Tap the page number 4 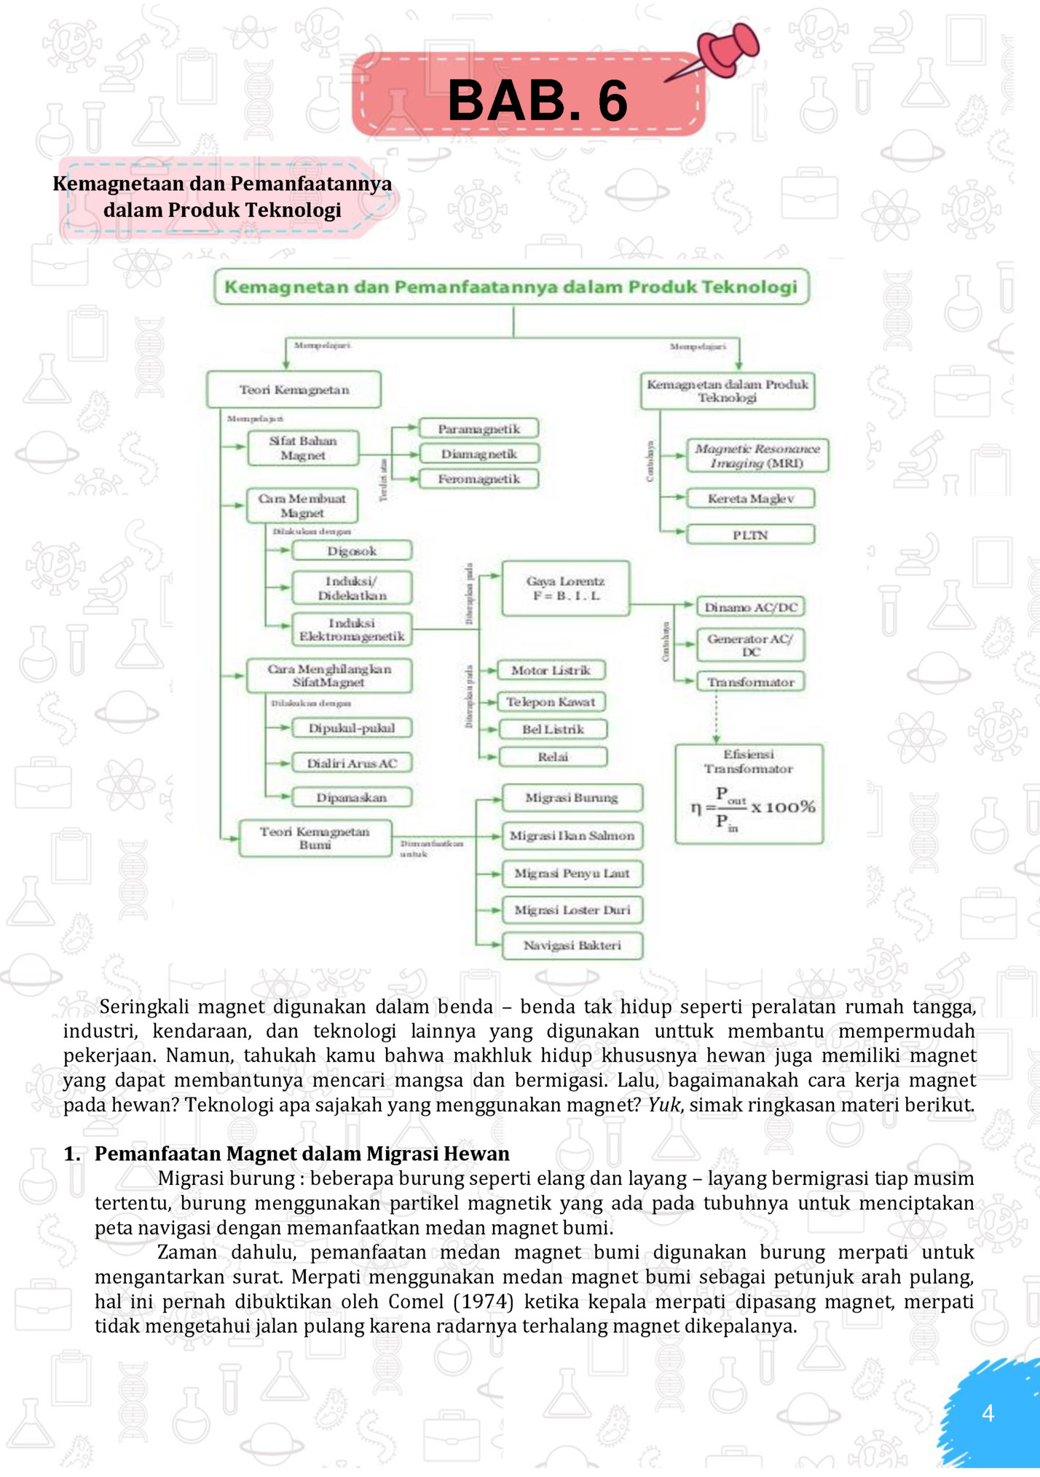click(x=988, y=1414)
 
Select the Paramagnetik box click(x=478, y=429)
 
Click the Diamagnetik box click(x=478, y=454)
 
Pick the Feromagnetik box click(x=478, y=478)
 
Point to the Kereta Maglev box click(x=750, y=499)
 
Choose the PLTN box click(x=750, y=535)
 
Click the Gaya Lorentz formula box click(x=566, y=588)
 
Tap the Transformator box click(x=750, y=682)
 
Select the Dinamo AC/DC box click(x=750, y=607)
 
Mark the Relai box click(x=553, y=757)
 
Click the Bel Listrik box click(x=553, y=729)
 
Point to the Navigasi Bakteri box click(x=572, y=945)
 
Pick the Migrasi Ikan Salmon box click(x=572, y=835)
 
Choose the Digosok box click(x=352, y=551)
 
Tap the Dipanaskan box click(x=352, y=797)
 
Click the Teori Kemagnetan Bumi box click(x=315, y=838)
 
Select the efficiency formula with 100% click(x=752, y=808)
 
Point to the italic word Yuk click(x=663, y=1105)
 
